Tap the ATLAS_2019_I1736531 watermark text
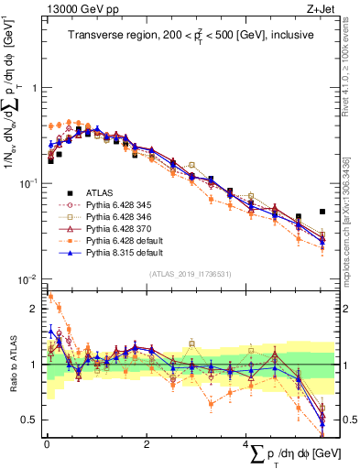coord(189,272)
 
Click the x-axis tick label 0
coord(47,444)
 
